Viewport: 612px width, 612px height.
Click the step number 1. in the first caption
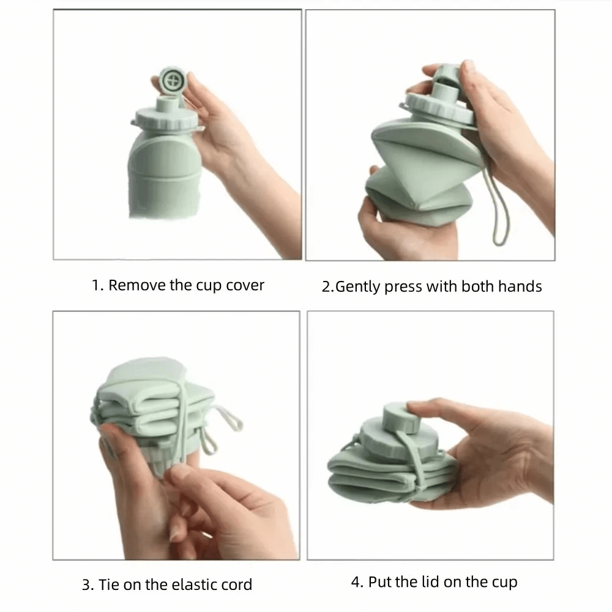pos(97,285)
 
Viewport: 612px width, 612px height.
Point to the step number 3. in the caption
pos(87,584)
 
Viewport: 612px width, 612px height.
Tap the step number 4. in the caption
pos(357,581)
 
